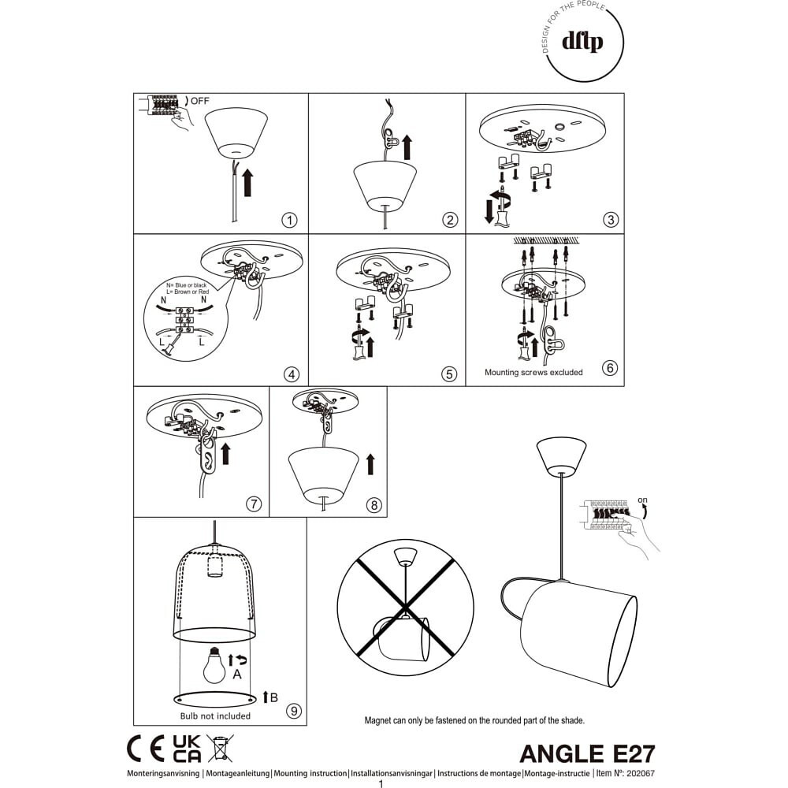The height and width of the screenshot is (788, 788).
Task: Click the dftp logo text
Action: pyautogui.click(x=582, y=41)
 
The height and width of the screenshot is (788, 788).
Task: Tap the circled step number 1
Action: pyautogui.click(x=289, y=220)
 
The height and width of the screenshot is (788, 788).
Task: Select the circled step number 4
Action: pyautogui.click(x=292, y=374)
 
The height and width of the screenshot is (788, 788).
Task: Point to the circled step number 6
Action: pyautogui.click(x=610, y=368)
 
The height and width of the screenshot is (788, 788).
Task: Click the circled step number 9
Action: pyautogui.click(x=293, y=711)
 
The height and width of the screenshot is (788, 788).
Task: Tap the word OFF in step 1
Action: pyautogui.click(x=199, y=101)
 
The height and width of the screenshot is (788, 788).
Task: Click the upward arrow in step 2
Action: pyautogui.click(x=407, y=147)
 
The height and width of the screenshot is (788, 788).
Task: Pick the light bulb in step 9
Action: pyautogui.click(x=214, y=665)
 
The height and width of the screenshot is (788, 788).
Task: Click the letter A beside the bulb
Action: pyautogui.click(x=237, y=675)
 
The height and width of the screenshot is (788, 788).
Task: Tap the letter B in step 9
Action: pyautogui.click(x=274, y=697)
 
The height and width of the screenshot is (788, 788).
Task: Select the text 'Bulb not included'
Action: pyautogui.click(x=215, y=716)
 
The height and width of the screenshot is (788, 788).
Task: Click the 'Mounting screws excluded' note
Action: pyautogui.click(x=533, y=373)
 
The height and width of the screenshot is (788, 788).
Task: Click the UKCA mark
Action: pyautogui.click(x=187, y=749)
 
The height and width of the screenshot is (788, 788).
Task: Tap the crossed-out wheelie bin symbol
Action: pyautogui.click(x=220, y=748)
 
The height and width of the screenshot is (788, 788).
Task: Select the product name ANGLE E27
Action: pyautogui.click(x=588, y=754)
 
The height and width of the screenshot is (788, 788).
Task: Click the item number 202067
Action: pyautogui.click(x=641, y=774)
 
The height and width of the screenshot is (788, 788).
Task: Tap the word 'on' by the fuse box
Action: pyautogui.click(x=642, y=500)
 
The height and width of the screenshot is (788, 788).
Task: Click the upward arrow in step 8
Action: pyautogui.click(x=371, y=464)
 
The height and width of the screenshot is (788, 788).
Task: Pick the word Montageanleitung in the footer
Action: pyautogui.click(x=238, y=774)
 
